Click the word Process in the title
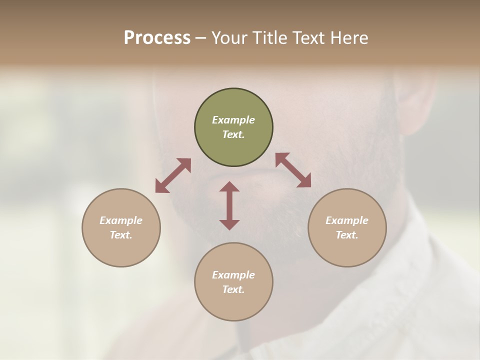157,38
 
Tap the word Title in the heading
270,38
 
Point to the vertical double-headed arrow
229,205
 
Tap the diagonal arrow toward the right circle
293,170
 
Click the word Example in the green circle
233,120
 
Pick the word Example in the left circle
121,220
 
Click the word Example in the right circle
347,220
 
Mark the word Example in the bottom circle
233,275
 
